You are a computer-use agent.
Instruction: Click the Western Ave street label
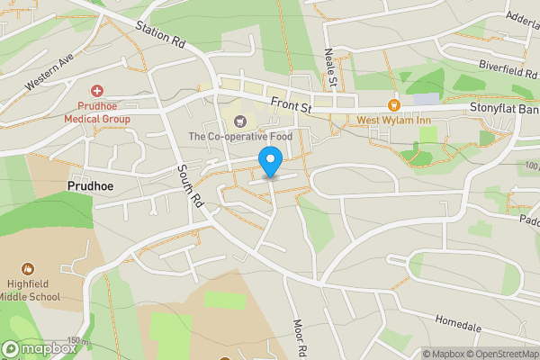pos(49,75)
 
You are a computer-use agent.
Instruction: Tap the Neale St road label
pos(330,68)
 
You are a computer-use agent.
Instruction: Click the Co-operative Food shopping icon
pos(240,121)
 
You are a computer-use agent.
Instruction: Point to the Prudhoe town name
pos(93,186)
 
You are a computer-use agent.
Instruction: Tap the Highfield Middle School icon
pos(28,268)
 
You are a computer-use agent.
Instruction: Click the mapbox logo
pos(40,348)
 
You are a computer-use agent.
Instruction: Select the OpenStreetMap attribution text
pos(496,354)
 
